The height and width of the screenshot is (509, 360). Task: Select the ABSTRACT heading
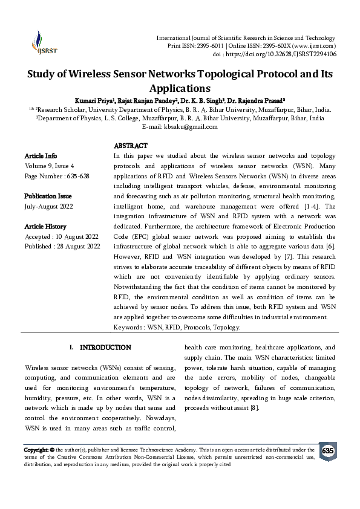131,146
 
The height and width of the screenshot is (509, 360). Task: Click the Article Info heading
41,156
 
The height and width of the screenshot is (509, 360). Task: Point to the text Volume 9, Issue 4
50,166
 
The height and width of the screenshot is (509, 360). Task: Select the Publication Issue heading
48,196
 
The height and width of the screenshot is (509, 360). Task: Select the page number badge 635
327,452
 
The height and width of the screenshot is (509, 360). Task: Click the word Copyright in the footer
36,450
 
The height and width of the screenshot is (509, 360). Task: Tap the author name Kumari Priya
93,100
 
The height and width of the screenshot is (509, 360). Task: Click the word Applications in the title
180,88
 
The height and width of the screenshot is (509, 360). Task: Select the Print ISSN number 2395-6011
212,46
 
